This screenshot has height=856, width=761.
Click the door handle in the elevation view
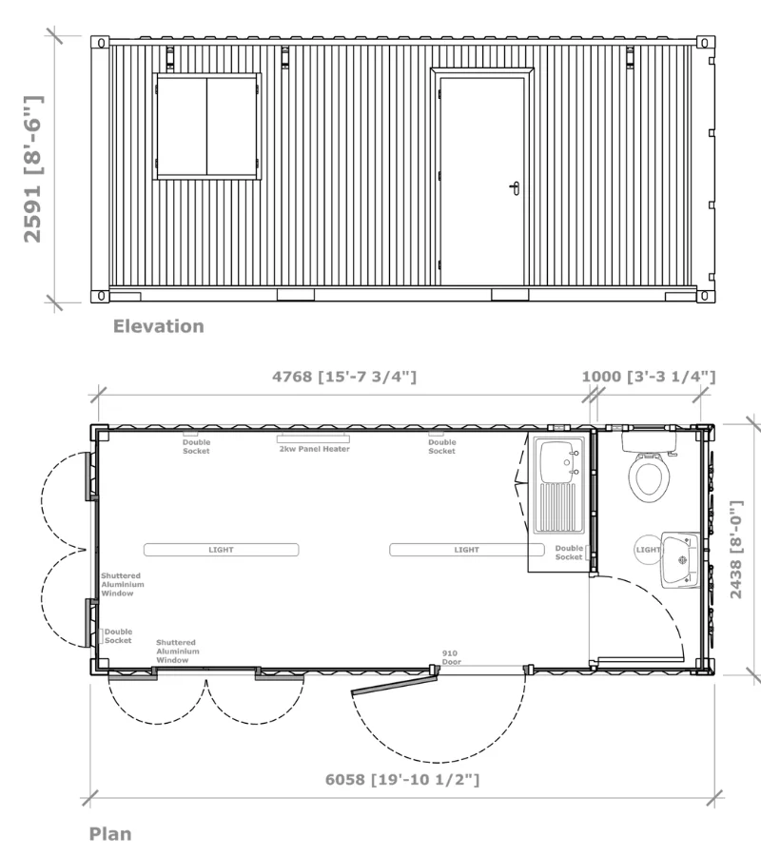[x=515, y=187]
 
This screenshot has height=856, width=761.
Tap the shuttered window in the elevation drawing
[x=207, y=126]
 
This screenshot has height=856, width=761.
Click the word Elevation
[x=158, y=326]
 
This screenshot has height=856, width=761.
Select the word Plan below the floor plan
[x=110, y=834]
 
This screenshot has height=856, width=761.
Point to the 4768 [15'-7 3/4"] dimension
[x=344, y=377]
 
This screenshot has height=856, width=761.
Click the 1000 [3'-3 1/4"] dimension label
[x=648, y=377]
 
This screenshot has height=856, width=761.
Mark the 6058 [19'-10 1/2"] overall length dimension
[x=401, y=780]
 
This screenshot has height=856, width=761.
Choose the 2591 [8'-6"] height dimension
[x=32, y=169]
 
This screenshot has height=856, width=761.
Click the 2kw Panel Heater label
[x=314, y=449]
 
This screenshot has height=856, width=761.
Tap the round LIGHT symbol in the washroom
[x=648, y=550]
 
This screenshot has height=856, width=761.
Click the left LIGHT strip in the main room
[x=221, y=550]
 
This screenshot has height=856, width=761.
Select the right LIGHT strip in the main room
[x=466, y=550]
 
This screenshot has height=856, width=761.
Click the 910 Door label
[x=450, y=656]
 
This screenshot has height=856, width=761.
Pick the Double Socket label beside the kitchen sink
[x=569, y=553]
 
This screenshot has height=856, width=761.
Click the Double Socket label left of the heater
[x=197, y=446]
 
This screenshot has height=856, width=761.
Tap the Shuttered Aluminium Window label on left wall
[x=123, y=584]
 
